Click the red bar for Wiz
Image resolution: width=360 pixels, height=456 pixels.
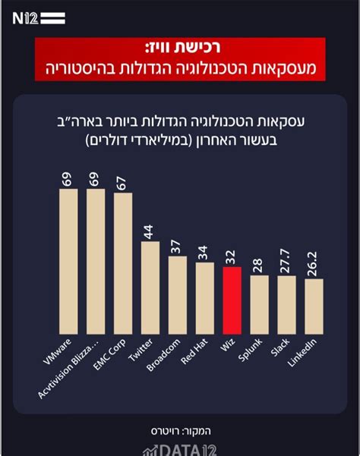[232, 300]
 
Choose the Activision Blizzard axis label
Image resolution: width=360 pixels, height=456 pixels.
[76, 372]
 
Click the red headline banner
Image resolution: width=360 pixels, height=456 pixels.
[180, 61]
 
